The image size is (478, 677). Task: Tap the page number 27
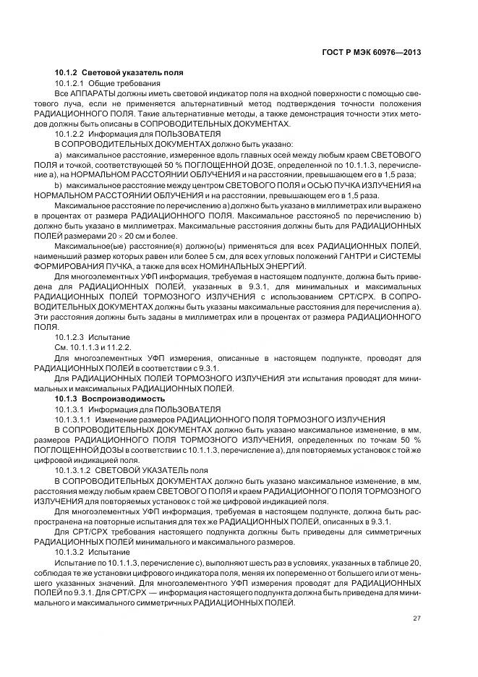pos(417,617)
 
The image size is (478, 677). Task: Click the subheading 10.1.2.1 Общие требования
pos(103,84)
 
